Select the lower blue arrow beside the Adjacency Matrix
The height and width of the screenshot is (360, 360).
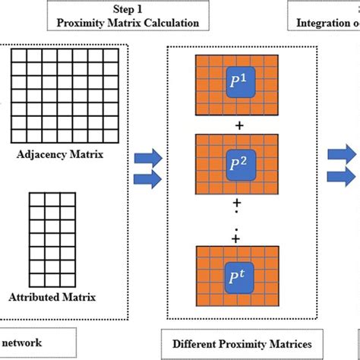[150, 180]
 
